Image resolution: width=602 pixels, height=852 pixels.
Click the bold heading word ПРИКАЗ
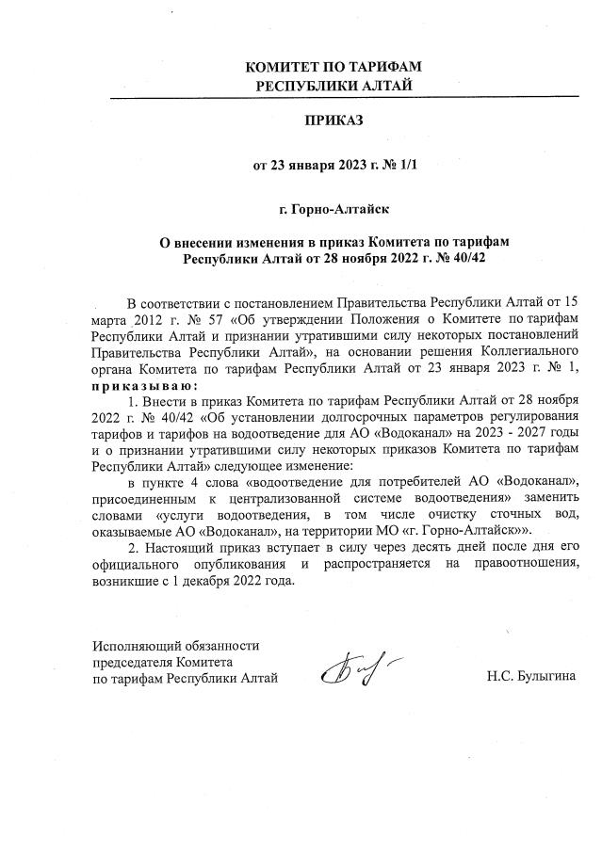click(x=333, y=121)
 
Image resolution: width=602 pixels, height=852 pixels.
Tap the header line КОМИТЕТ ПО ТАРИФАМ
click(x=332, y=69)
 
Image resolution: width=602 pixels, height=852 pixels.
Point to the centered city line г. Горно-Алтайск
click(x=332, y=208)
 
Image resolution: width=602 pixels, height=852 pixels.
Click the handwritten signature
click(x=349, y=670)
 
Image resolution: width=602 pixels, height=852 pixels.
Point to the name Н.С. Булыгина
click(x=530, y=678)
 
